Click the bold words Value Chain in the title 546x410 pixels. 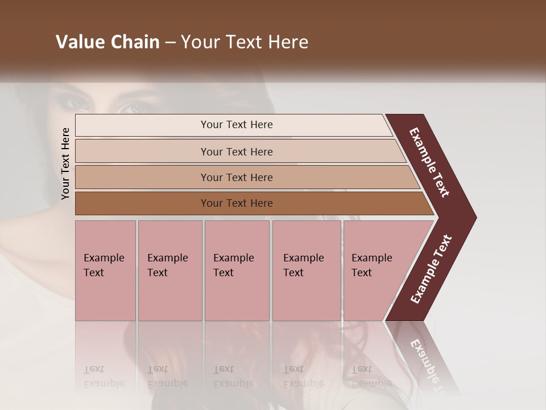107,42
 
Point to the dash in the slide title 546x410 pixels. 170,43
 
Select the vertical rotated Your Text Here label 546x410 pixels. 65,163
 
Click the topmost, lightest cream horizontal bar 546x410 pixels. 233,125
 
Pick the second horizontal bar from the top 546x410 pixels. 239,151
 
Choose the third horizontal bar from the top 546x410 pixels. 245,177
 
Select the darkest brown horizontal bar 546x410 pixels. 250,203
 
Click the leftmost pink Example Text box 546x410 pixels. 105,270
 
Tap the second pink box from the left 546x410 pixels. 170,270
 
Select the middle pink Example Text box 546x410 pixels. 237,270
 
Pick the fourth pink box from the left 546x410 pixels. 307,270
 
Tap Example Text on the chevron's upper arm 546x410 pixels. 429,162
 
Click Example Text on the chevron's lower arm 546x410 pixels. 431,269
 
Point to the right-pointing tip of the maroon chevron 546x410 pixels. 473,218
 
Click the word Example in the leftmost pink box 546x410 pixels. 104,258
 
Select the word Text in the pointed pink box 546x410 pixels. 362,273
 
